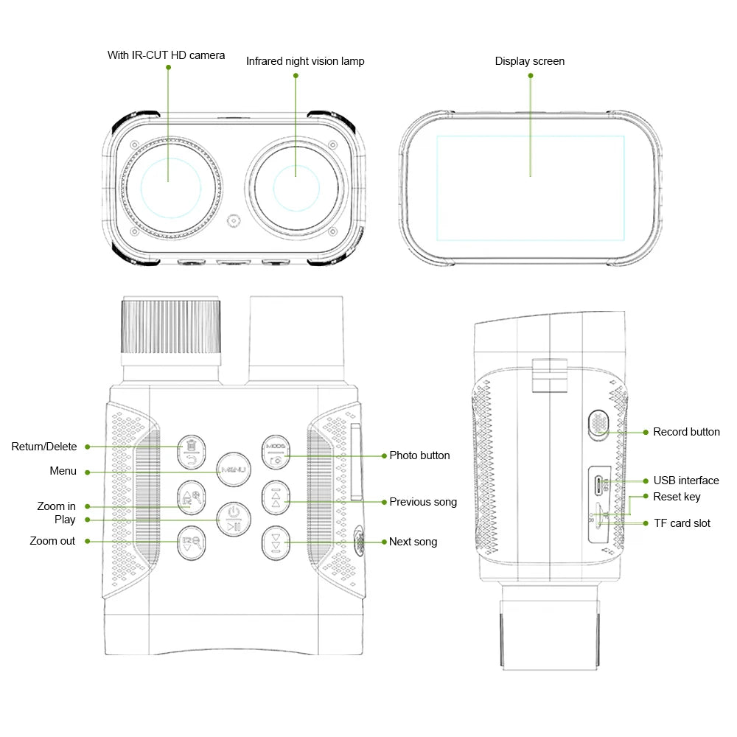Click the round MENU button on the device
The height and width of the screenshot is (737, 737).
[234, 469]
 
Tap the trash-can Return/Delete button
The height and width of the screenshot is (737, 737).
[192, 452]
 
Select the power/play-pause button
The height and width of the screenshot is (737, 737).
[234, 520]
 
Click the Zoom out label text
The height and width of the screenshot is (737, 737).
[52, 541]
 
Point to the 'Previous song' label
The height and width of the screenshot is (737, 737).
[423, 502]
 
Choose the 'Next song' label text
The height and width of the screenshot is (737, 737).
[413, 542]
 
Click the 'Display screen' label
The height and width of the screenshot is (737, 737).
[530, 61]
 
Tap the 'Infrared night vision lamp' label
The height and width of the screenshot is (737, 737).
[306, 61]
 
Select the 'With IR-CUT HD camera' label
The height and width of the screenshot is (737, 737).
[166, 55]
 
